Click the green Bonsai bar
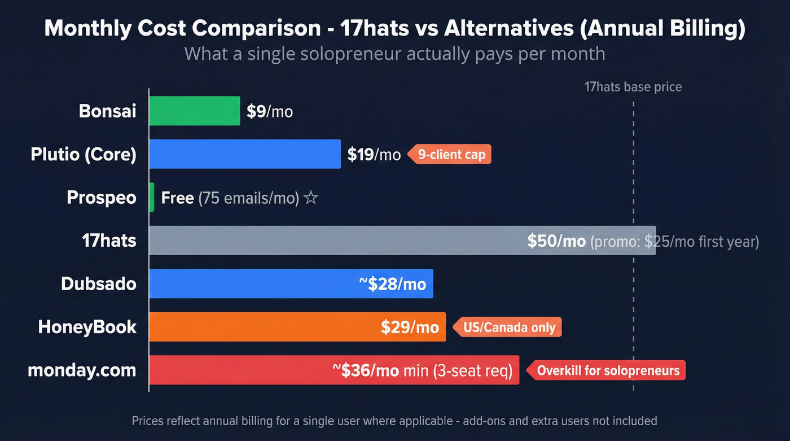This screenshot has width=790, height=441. [x=195, y=111]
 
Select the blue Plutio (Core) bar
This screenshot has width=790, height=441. [x=245, y=154]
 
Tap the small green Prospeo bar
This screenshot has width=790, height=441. [x=152, y=198]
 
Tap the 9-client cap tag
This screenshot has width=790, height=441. [x=450, y=155]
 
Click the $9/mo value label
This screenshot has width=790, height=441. [x=270, y=111]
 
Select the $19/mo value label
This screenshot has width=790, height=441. [x=374, y=155]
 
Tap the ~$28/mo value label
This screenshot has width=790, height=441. [x=393, y=284]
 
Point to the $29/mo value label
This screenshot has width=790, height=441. [x=410, y=327]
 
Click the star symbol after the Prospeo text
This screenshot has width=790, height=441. [x=310, y=198]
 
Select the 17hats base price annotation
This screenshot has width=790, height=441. [x=633, y=87]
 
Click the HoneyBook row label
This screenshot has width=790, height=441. [x=87, y=327]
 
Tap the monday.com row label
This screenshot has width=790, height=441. [x=82, y=370]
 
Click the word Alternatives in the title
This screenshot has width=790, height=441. [x=516, y=29]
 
